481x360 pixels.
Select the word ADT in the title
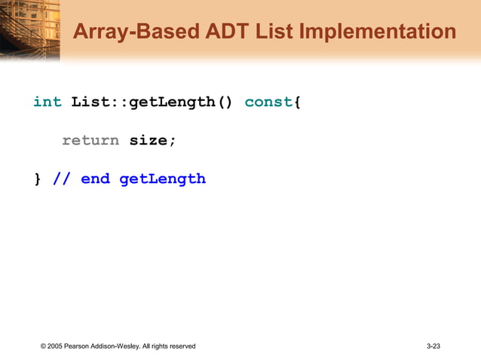[x=225, y=32]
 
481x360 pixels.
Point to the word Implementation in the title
[x=378, y=32]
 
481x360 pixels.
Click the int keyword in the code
[x=47, y=102]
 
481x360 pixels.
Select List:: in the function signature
[x=100, y=102]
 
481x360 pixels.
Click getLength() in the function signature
[x=181, y=102]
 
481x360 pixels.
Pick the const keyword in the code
[x=268, y=102]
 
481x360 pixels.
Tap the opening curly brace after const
[x=298, y=102]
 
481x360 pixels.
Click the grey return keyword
[x=90, y=140]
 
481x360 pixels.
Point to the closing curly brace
[x=38, y=179]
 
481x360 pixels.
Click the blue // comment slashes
[x=62, y=179]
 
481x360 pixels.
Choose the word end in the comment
[x=95, y=179]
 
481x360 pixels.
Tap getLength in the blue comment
[x=162, y=179]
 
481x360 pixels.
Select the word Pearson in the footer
[x=81, y=346]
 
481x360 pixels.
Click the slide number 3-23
[x=433, y=346]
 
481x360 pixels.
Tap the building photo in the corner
[x=29, y=29]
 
